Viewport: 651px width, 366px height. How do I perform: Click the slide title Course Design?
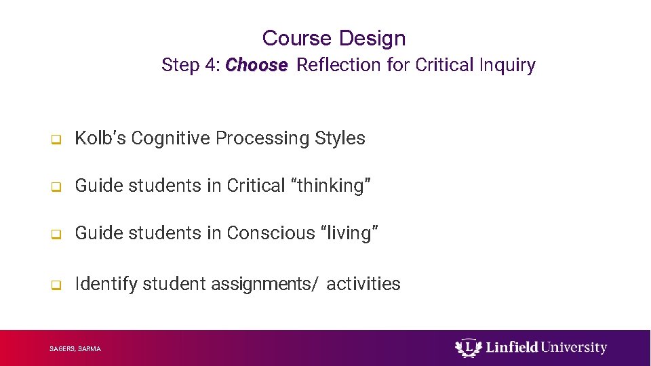(334, 38)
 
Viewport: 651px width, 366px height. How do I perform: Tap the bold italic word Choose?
(256, 65)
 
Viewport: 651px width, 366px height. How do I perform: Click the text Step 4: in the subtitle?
(191, 65)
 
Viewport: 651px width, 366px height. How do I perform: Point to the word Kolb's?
(100, 138)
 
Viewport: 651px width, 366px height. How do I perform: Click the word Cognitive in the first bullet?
(171, 138)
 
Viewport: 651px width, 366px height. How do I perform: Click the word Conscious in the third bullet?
(271, 233)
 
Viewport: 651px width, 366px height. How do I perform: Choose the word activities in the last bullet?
(363, 283)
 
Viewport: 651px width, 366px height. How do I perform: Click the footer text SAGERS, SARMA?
(75, 349)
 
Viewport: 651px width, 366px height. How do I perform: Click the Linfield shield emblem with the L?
(467, 348)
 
